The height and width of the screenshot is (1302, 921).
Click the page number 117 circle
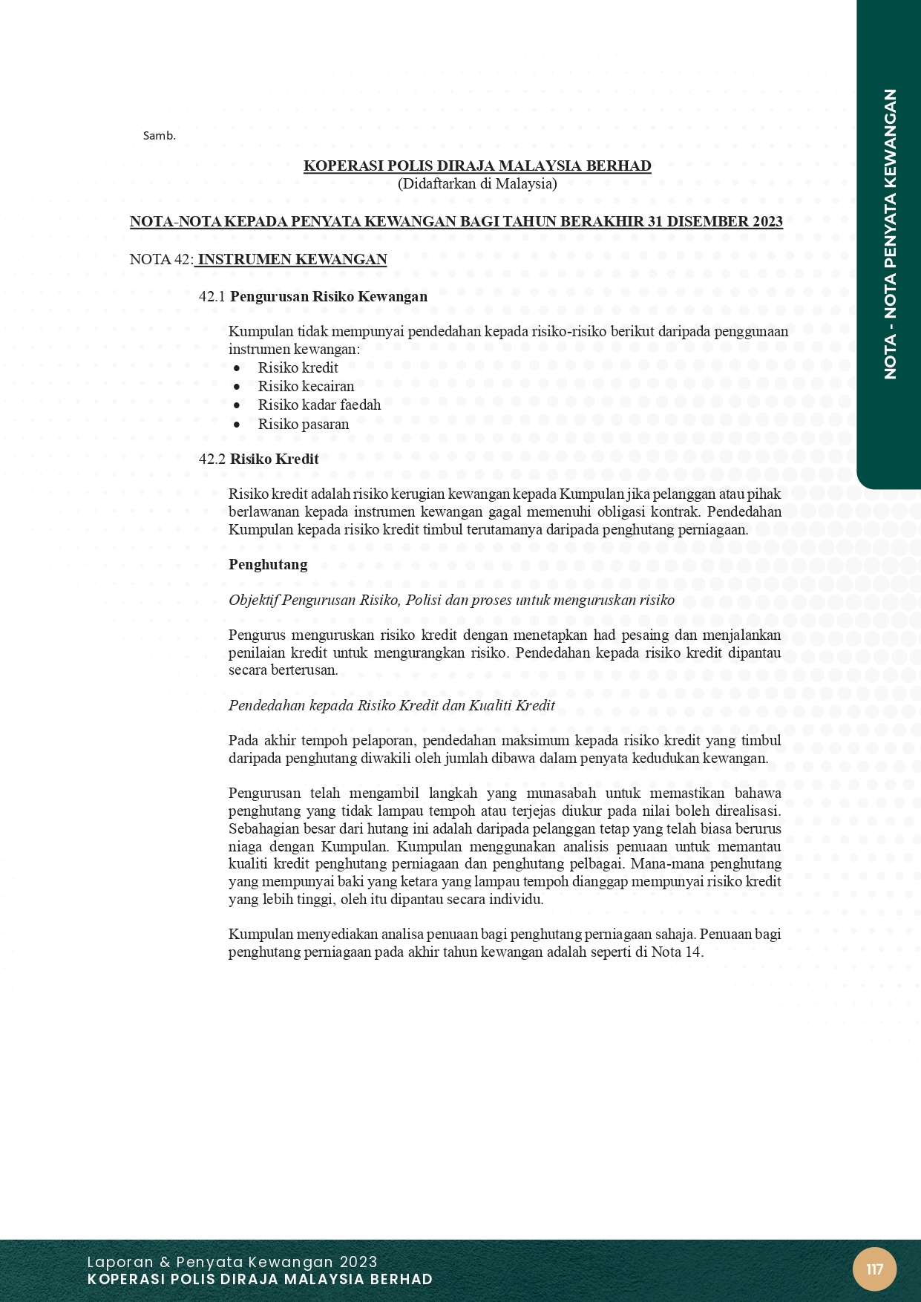click(874, 1269)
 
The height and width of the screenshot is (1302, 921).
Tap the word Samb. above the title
click(159, 136)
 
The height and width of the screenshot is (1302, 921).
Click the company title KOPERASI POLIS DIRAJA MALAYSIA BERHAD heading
click(477, 166)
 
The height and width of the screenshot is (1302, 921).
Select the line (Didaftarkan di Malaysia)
click(477, 183)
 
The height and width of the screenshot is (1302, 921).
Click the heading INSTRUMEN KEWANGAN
click(292, 259)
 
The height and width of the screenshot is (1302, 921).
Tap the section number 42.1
click(212, 296)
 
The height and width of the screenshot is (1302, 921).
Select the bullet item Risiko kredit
click(298, 367)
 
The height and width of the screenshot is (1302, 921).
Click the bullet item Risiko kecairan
click(306, 386)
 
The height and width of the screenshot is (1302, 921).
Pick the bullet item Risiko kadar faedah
click(319, 405)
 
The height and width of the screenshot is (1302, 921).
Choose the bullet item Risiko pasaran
click(303, 424)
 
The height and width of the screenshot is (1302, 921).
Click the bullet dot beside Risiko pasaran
click(237, 425)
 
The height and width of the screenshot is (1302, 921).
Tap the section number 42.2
click(212, 459)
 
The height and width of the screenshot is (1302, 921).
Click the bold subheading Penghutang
click(268, 564)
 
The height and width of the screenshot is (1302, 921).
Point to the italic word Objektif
click(253, 600)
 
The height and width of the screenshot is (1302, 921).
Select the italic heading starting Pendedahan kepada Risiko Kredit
click(392, 705)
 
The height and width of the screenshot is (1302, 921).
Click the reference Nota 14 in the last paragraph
click(676, 952)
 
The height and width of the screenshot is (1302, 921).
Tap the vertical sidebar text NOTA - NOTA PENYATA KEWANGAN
click(891, 234)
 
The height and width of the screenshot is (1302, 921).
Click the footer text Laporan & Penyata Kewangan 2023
click(232, 1262)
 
